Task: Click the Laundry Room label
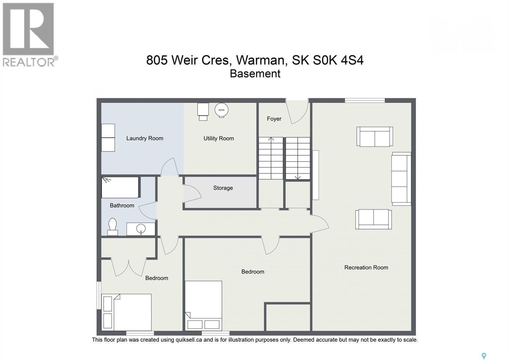(145, 138)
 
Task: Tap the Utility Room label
(219, 138)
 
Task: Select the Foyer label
(274, 119)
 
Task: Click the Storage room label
(223, 188)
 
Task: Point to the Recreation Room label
(366, 268)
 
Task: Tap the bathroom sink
(141, 229)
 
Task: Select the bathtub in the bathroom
(120, 188)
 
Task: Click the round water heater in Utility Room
(222, 110)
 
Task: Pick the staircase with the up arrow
(271, 158)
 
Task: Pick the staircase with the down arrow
(298, 158)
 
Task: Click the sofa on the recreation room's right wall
(401, 179)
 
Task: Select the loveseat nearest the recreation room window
(375, 137)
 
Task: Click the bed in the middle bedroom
(203, 305)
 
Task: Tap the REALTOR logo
(29, 34)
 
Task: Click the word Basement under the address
(255, 74)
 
